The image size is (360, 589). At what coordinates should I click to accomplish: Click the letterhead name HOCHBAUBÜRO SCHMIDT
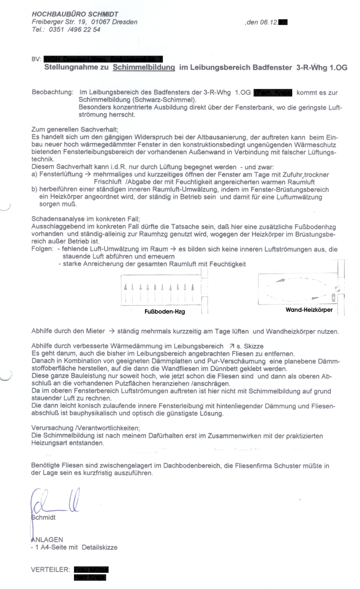pyautogui.click(x=75, y=15)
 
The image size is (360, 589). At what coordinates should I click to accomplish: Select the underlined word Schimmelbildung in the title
pyautogui.click(x=144, y=68)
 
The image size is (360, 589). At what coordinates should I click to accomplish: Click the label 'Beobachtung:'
pyautogui.click(x=52, y=93)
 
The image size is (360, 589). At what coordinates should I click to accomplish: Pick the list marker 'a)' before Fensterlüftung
pyautogui.click(x=35, y=175)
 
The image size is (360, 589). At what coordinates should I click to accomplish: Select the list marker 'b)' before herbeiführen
pyautogui.click(x=35, y=189)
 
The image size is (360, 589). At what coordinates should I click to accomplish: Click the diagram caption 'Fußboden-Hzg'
pyautogui.click(x=164, y=312)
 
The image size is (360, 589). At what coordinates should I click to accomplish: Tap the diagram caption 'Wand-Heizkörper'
pyautogui.click(x=309, y=310)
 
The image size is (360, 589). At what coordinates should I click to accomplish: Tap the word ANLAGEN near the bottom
pyautogui.click(x=47, y=540)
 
